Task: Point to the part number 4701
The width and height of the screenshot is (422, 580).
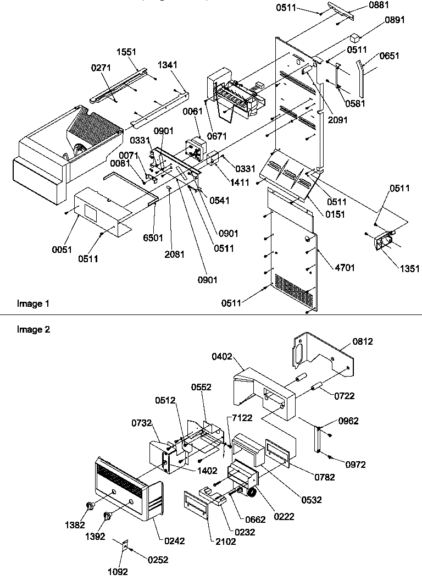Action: point(344,268)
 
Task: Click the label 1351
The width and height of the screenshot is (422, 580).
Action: point(410,269)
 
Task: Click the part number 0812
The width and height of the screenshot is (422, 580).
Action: point(363,341)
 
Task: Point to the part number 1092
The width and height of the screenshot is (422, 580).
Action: point(118,571)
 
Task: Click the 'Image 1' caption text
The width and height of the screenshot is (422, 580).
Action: point(33,303)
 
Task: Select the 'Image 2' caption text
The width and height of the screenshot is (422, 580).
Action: point(33,330)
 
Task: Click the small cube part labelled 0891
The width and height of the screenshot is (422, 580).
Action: point(355,38)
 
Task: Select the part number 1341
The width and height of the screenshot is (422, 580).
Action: point(167,65)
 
